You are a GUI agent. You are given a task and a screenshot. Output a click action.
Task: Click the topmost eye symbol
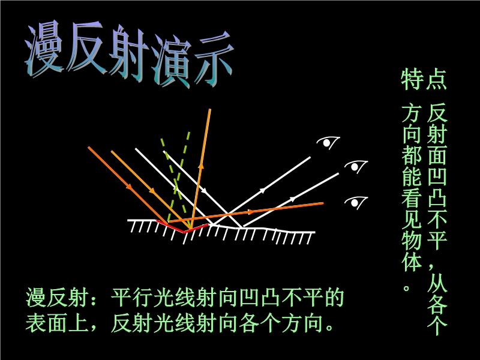328,143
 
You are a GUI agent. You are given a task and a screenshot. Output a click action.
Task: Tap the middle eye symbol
356,167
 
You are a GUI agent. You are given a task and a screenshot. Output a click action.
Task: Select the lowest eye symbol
356,202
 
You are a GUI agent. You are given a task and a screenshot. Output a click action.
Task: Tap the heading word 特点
424,80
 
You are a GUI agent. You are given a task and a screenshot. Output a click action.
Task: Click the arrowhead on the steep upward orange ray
201,166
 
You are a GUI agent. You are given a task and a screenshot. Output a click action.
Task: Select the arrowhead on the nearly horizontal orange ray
250,212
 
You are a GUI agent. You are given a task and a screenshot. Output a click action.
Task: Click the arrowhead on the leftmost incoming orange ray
129,186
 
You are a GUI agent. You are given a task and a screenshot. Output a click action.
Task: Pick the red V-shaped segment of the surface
183,228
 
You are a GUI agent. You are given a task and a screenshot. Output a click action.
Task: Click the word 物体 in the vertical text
412,253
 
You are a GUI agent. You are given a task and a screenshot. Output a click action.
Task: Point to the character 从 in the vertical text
437,282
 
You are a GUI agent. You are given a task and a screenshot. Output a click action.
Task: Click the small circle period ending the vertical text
407,288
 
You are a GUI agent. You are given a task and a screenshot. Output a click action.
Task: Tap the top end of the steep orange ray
209,109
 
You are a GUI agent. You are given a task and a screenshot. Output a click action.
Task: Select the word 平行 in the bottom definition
131,297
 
